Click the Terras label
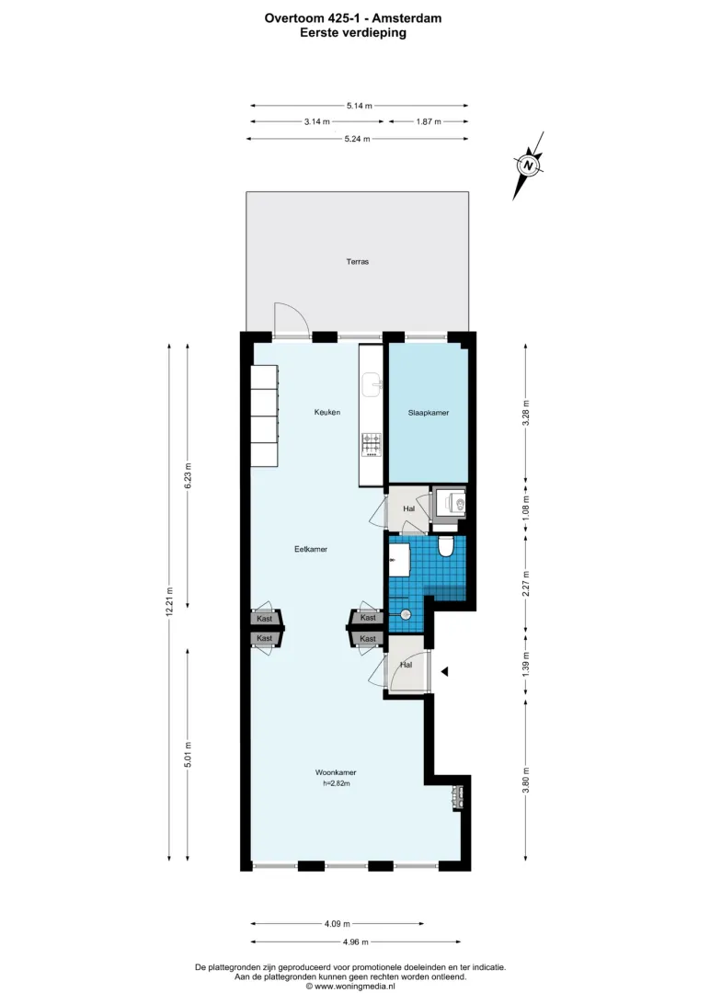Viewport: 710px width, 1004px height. (x=357, y=261)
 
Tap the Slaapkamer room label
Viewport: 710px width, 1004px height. (x=429, y=413)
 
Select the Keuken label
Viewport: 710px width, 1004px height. (x=327, y=412)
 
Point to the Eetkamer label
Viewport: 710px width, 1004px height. (x=311, y=549)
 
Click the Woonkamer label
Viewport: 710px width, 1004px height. (x=336, y=772)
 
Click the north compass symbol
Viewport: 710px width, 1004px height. (x=528, y=165)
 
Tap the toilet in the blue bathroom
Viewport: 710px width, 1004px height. (x=446, y=545)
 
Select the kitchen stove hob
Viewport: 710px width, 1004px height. (x=372, y=444)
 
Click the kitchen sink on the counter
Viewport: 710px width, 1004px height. (x=372, y=385)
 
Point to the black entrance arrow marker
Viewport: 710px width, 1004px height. (x=444, y=671)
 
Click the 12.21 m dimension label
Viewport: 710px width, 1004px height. (x=169, y=602)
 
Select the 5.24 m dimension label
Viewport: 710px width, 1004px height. (x=358, y=138)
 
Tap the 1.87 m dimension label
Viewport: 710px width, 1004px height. (x=429, y=121)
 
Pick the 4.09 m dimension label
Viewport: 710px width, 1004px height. (x=338, y=923)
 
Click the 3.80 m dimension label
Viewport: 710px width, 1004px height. (x=526, y=780)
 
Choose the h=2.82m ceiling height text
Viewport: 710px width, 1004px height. (x=336, y=783)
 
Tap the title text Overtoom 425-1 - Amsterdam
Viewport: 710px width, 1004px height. (x=353, y=18)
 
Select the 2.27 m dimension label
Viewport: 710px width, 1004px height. (x=526, y=583)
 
